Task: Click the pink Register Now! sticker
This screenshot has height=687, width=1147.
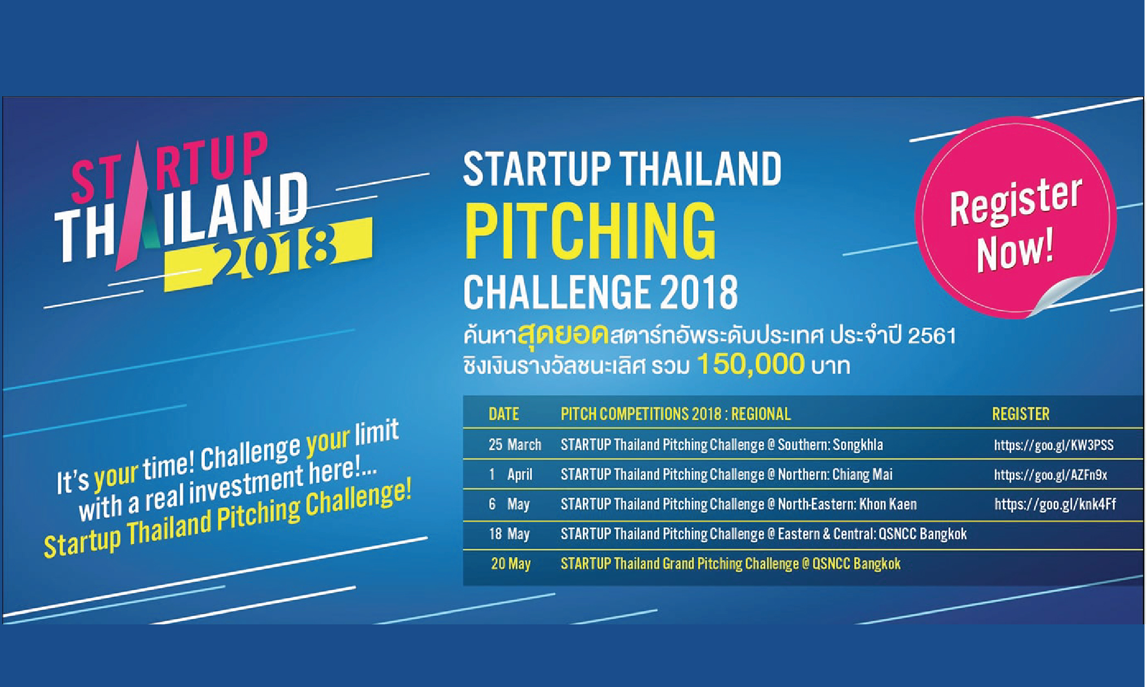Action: point(1015,217)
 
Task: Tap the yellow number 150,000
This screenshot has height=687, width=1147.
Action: point(751,364)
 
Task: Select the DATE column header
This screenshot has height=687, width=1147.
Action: point(504,414)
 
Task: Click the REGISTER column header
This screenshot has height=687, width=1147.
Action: point(1021,414)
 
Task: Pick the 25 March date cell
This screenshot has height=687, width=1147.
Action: point(515,444)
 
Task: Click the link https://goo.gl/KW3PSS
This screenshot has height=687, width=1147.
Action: point(1054,445)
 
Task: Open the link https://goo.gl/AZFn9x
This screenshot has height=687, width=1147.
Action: point(1050,474)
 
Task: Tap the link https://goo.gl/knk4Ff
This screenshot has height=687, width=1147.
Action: point(1055,504)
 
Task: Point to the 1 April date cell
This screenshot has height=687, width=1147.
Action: point(510,474)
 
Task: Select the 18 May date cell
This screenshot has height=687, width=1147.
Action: point(509,534)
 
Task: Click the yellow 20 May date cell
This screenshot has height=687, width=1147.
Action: point(511,563)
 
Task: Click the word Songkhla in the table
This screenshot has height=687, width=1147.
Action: point(858,445)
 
